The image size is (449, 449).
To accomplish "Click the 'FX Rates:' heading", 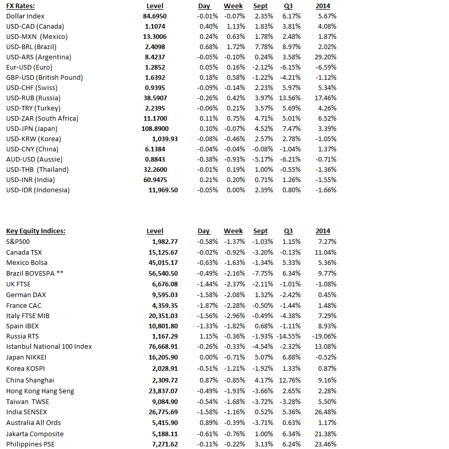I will pyautogui.click(x=20, y=6).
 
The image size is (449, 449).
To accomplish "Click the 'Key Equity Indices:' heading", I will pyautogui.click(x=36, y=231).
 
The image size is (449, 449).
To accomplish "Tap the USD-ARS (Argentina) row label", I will pyautogui.click(x=39, y=57).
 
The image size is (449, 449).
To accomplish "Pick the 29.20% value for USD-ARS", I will pyautogui.click(x=326, y=57).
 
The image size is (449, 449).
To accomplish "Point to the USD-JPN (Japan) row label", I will pyautogui.click(x=32, y=128).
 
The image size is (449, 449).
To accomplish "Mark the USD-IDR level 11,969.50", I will pyautogui.click(x=163, y=190).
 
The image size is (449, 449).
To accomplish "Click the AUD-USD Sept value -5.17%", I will pyautogui.click(x=263, y=159).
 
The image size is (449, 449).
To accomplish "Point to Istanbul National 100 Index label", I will pyautogui.click(x=49, y=346).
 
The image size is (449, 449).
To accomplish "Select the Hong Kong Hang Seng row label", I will pyautogui.click(x=40, y=391).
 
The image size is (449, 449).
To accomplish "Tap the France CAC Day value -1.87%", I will pyautogui.click(x=207, y=305).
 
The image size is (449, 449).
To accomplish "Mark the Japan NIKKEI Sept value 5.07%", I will pyautogui.click(x=264, y=357).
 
